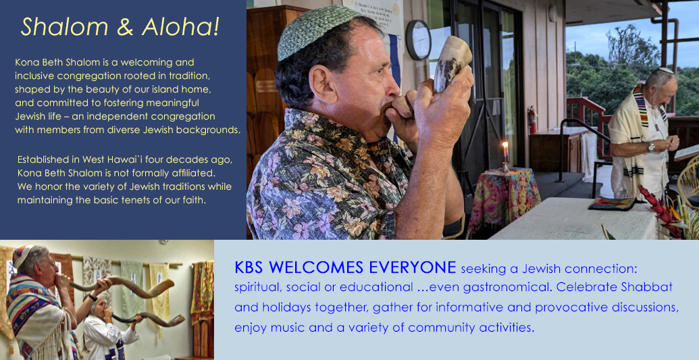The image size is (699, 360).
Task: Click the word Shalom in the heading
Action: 65,27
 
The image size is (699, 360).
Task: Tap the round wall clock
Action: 418,40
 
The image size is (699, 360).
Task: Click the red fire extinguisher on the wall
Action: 532,119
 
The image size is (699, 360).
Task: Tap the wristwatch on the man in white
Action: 651,147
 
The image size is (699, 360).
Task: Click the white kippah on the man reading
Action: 665,70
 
